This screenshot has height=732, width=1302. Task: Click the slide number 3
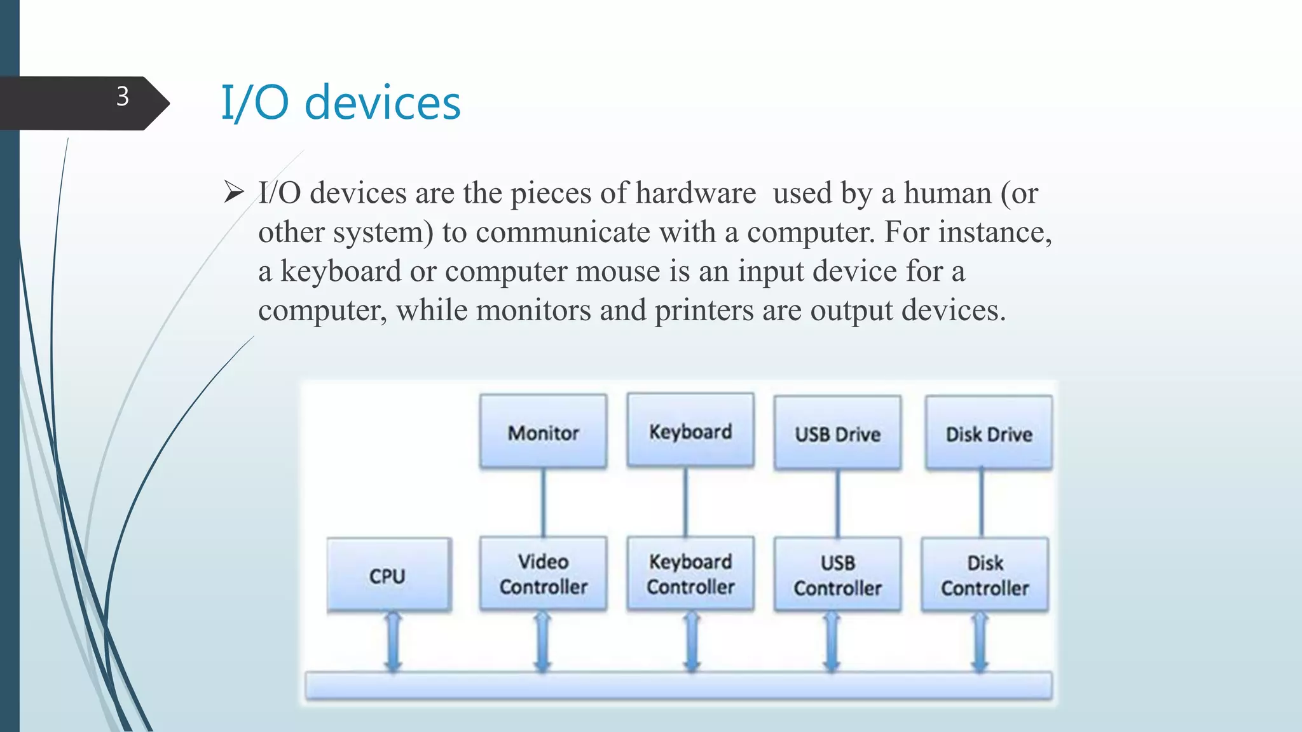tap(123, 97)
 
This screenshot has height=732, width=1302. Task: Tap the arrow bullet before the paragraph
tap(234, 192)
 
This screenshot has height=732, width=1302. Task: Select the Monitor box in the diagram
tap(543, 432)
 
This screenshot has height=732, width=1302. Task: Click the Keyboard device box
tap(690, 431)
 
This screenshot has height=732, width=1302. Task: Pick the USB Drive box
tap(837, 433)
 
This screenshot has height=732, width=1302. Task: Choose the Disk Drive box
tap(989, 433)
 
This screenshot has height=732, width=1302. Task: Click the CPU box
tap(388, 575)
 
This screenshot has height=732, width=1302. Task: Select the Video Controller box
tap(543, 574)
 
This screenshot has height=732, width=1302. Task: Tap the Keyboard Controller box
tap(690, 574)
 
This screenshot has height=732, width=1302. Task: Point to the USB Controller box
tap(837, 575)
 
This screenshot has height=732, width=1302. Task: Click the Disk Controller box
tap(985, 575)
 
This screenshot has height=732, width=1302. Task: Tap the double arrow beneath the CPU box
tap(394, 642)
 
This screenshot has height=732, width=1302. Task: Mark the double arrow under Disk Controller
tap(980, 642)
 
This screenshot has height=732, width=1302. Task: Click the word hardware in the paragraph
tap(696, 193)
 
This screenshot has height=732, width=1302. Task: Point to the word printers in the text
tap(704, 311)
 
